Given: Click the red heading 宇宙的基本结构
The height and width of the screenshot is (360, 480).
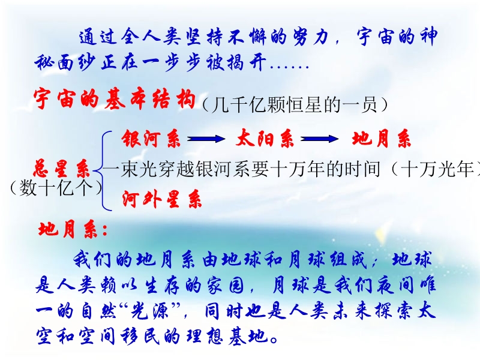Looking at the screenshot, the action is (115, 99).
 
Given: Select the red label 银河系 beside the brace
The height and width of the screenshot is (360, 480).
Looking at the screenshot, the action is (151, 139).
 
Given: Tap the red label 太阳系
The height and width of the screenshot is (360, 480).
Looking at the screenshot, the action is (265, 139).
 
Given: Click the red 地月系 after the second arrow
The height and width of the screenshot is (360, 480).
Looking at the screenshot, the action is (381, 139).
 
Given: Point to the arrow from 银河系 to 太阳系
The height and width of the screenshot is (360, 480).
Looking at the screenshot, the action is (206, 139).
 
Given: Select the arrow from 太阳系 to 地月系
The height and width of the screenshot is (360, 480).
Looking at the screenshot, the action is (320, 139).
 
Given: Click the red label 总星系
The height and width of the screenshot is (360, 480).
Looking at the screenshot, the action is (61, 168).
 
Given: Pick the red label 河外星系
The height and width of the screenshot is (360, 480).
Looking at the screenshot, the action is (162, 199).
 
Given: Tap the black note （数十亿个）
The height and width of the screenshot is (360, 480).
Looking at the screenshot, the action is (56, 188).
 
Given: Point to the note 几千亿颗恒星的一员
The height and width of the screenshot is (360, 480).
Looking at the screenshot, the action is (295, 105).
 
